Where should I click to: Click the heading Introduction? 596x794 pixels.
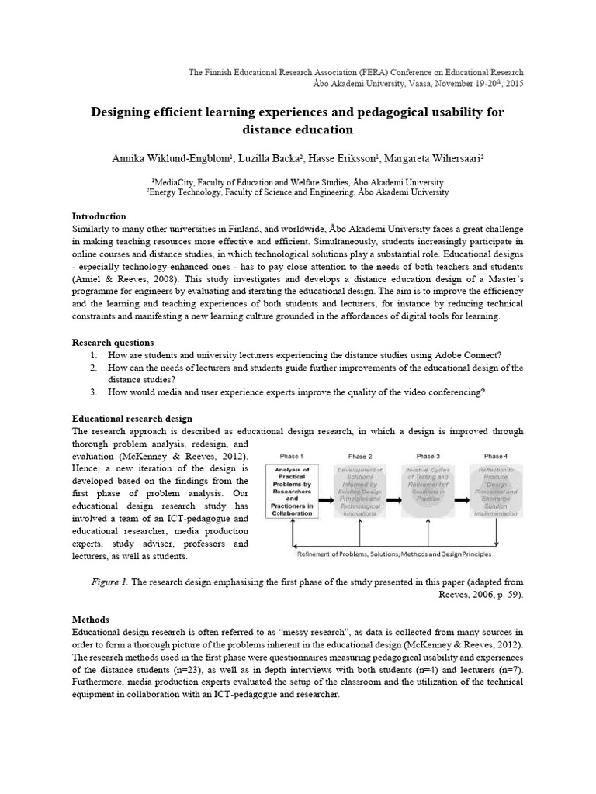[99, 216]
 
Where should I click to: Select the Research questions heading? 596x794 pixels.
[113, 342]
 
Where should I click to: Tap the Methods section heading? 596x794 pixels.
[91, 620]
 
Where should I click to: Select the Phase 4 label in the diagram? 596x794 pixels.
[494, 456]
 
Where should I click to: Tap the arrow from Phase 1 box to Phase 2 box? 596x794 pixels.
[325, 491]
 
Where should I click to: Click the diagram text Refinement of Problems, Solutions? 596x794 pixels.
[357, 554]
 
